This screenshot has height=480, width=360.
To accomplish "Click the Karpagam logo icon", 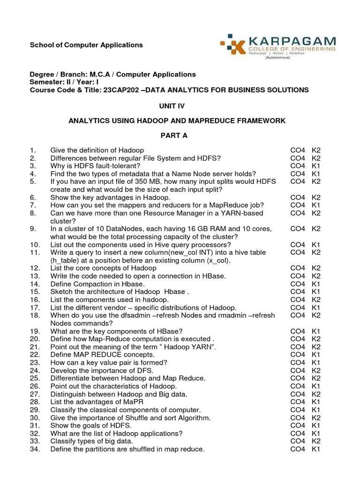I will pos(233,45).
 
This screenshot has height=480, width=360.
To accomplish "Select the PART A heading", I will pos(174,135).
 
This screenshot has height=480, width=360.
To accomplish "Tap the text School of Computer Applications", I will pos(86,45).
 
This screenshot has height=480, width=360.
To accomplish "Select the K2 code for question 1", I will pos(316,150).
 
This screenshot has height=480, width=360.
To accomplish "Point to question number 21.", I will pos(35,346).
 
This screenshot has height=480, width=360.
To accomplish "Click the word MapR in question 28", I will pos(134,402).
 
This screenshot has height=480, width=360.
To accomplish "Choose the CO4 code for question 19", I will pos(297,331).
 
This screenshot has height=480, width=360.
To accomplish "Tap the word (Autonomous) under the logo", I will pos(278,58).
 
